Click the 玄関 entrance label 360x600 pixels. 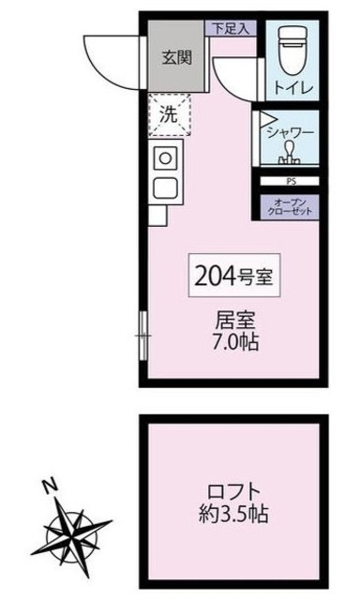click(176, 57)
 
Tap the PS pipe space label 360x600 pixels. click(290, 182)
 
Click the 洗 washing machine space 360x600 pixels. click(169, 117)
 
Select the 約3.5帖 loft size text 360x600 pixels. click(233, 515)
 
